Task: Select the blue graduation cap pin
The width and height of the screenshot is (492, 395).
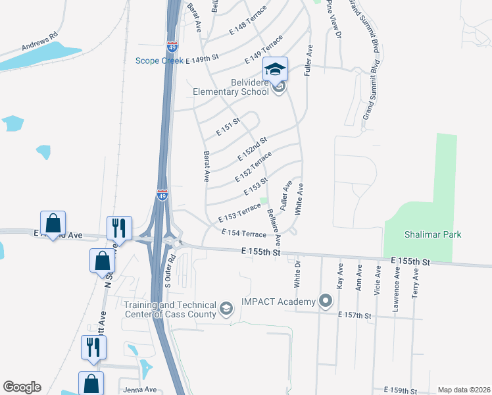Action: [276, 69]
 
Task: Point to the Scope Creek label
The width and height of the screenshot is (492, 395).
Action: [159, 61]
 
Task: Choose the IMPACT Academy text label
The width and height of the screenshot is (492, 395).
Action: [278, 302]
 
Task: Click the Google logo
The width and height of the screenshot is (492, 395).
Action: [22, 387]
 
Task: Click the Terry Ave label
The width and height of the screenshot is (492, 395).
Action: [415, 283]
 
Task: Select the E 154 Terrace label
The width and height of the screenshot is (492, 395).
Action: [243, 233]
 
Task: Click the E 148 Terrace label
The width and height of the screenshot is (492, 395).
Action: [248, 22]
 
